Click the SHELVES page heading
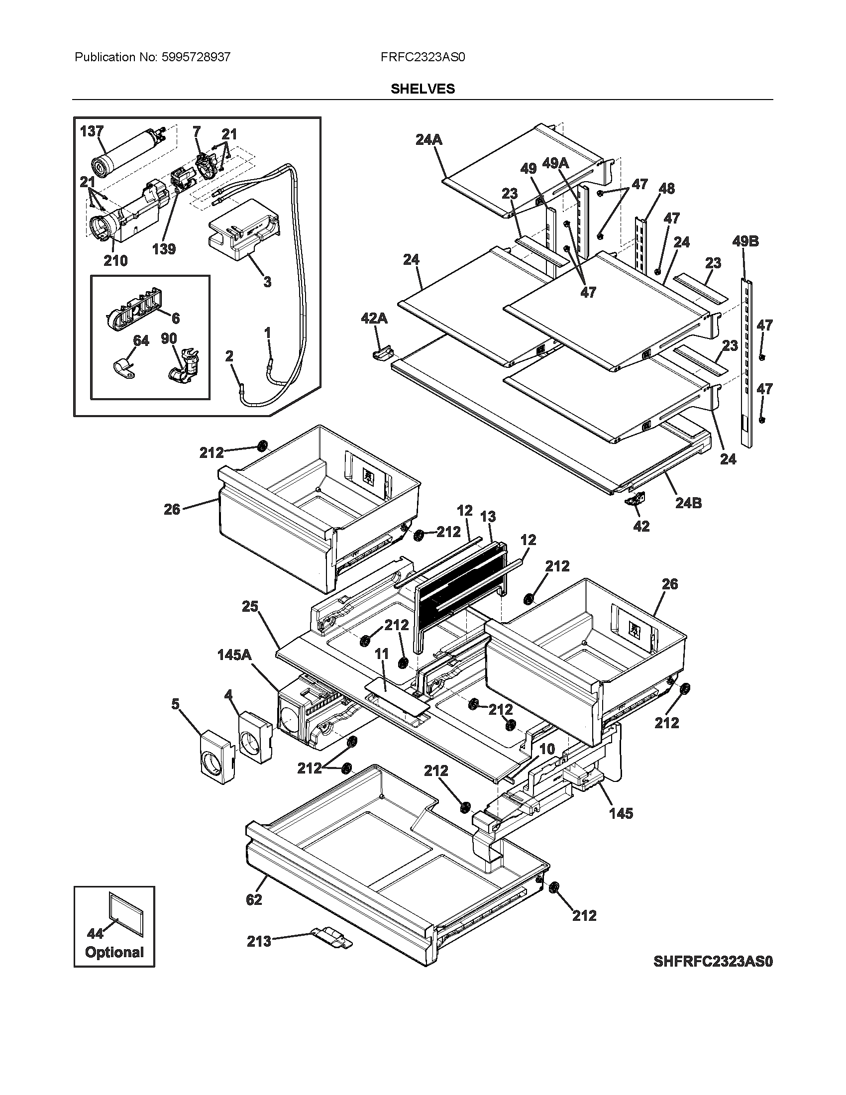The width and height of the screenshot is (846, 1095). coord(423,89)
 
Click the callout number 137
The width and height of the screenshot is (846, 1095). coord(92,131)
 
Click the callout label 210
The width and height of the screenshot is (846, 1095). coord(115,261)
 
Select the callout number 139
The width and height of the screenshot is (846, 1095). coord(164,249)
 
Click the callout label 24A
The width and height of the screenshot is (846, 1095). coord(429,140)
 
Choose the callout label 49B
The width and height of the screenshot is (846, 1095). coord(745,241)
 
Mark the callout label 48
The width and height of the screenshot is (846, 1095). coord(666,189)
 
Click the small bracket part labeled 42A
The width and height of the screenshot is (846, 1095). coord(382,353)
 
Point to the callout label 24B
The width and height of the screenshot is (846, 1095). coord(688,503)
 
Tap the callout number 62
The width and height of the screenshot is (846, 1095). coord(254,899)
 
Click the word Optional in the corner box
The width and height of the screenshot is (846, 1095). coord(114,952)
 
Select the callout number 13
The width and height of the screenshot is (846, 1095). coord(488,517)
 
